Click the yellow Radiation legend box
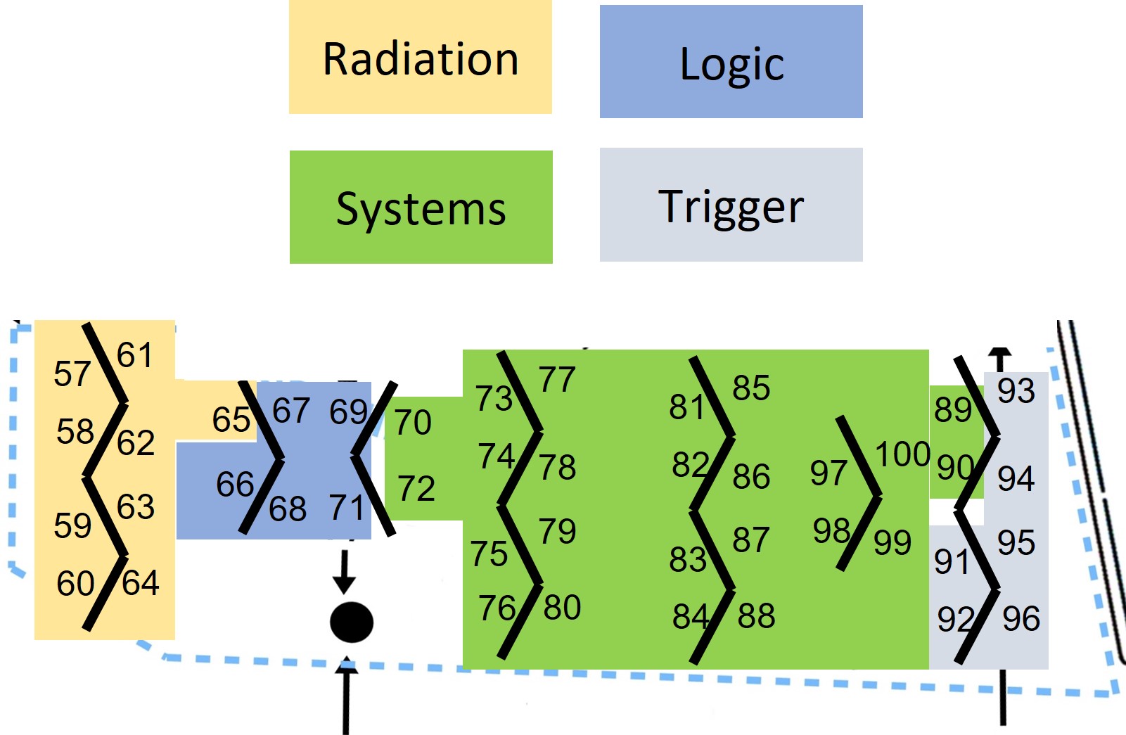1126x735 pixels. (x=421, y=58)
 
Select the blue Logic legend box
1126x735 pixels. (x=731, y=63)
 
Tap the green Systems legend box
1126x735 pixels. (x=421, y=207)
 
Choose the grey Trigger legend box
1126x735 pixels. (x=731, y=205)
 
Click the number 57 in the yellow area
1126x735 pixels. (x=72, y=373)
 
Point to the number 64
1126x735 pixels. (x=141, y=583)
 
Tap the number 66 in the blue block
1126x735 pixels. (x=234, y=485)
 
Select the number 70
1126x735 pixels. (x=413, y=423)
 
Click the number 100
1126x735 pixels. (x=902, y=454)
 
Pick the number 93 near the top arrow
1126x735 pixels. (x=1016, y=391)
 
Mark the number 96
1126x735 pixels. (x=1021, y=619)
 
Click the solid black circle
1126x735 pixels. (x=352, y=622)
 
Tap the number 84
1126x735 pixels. (x=691, y=617)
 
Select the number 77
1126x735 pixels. (x=557, y=380)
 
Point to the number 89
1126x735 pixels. (x=952, y=409)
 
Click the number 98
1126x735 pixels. (x=831, y=531)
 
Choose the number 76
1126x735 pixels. (x=497, y=608)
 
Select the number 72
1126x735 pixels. (x=416, y=489)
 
